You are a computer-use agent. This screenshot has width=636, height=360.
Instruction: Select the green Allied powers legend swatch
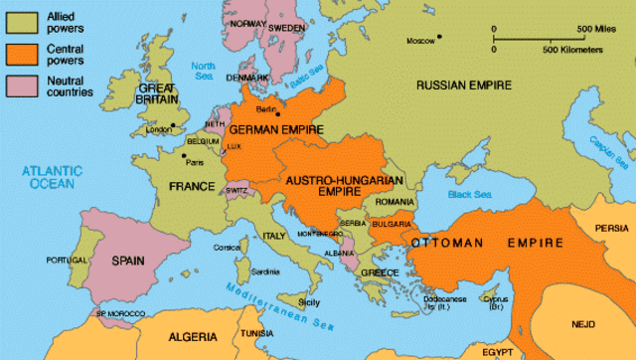coord(19,19)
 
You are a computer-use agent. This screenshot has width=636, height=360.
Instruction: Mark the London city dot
coord(172,125)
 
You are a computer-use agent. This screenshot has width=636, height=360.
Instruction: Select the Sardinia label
coord(266,271)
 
